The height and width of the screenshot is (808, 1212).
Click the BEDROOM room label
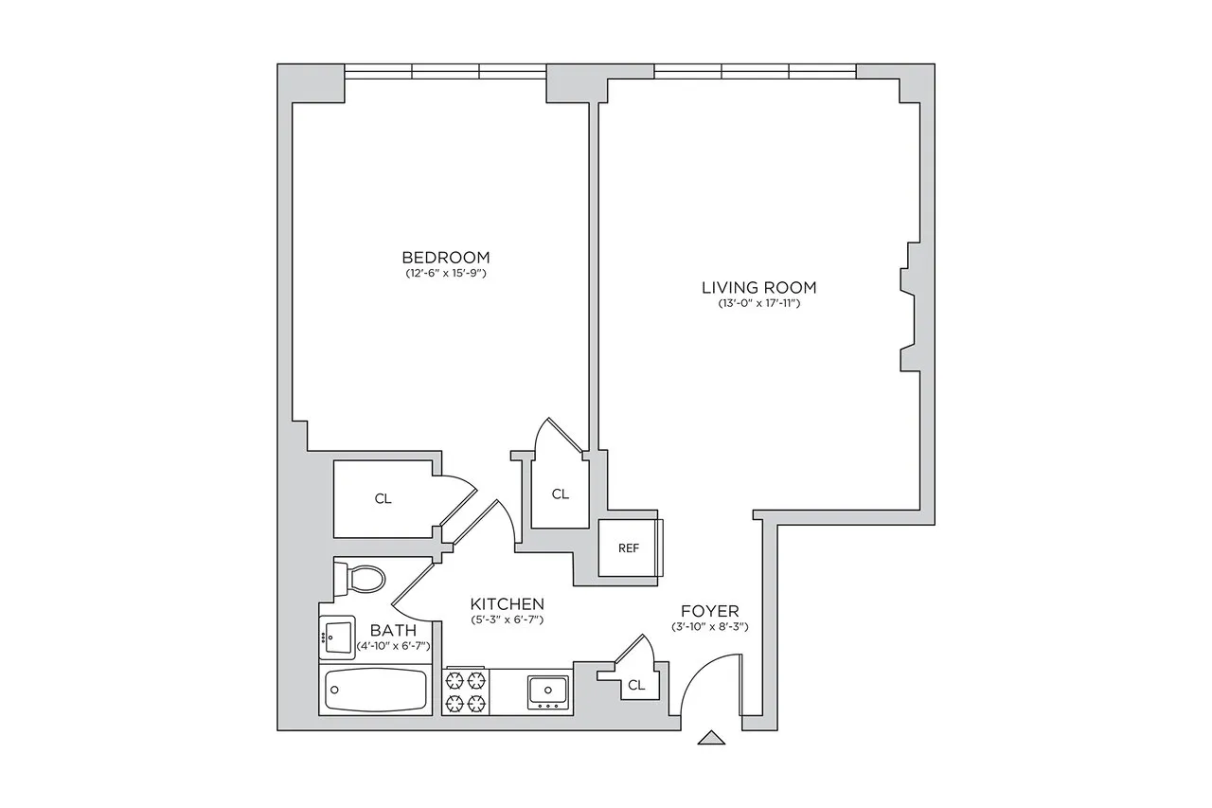point(445,257)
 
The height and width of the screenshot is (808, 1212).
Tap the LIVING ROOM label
point(758,287)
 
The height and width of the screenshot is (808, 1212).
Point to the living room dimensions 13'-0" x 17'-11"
point(758,303)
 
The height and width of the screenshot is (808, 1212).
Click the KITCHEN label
point(507,603)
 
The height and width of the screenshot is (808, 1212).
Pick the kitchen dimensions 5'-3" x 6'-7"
point(507,619)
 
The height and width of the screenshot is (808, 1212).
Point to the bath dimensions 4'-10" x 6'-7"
point(394,646)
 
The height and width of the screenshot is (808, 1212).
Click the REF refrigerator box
point(628,548)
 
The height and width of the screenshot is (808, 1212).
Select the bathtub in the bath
point(376,691)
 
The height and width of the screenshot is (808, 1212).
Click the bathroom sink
point(336,636)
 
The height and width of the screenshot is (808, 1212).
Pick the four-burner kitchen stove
point(465,691)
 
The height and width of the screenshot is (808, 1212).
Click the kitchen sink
point(547,691)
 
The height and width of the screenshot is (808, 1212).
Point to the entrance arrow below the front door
point(711,738)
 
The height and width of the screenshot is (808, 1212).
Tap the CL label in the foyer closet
point(636,685)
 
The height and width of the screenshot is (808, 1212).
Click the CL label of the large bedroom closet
point(383,498)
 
